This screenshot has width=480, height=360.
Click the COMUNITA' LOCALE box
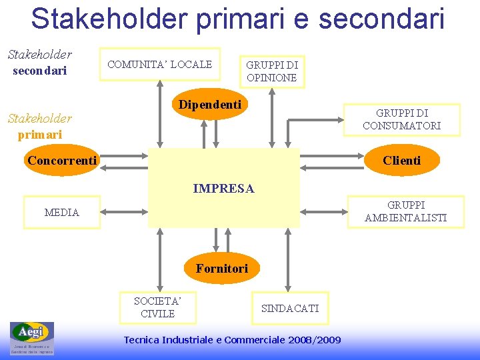pos(159,64)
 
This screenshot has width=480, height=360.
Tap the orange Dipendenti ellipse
pos(210,105)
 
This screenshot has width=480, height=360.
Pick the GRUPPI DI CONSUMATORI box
pos(401,119)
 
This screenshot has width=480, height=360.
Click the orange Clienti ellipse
pos(401,161)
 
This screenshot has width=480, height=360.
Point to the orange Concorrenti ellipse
pos(62,161)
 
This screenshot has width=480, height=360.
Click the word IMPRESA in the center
pos(223,189)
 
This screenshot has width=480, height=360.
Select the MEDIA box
pos(61,213)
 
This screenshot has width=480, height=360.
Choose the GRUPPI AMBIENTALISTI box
pos(405,211)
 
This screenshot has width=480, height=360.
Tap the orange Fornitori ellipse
pos(221,269)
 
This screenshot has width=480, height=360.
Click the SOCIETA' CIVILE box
pos(158,307)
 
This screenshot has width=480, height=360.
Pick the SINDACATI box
pos(290,308)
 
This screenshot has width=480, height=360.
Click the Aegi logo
pos(31,338)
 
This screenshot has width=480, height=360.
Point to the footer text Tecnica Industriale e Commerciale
pos(232,340)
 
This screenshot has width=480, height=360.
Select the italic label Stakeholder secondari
pos(40,62)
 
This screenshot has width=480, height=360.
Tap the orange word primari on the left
pos(40,134)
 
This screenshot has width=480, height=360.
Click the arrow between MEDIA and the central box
pos(124,213)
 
